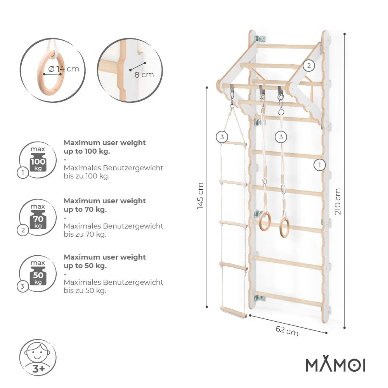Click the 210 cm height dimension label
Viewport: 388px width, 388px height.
pos(338,201)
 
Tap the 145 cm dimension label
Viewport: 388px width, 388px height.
pos(200,196)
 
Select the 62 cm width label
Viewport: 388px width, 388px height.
pos(287,331)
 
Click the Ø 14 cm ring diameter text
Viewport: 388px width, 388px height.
pos(64,69)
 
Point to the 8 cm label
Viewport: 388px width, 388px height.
pos(144,74)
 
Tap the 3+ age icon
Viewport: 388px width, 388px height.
pos(38,357)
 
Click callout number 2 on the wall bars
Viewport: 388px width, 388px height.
pos(309,66)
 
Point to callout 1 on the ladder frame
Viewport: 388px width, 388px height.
pos(319,165)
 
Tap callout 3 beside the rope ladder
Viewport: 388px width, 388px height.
pos(222,137)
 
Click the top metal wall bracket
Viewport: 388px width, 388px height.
pos(260,39)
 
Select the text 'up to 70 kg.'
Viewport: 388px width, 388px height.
pos(85,210)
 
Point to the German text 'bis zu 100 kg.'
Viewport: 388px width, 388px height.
pos(87,176)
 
